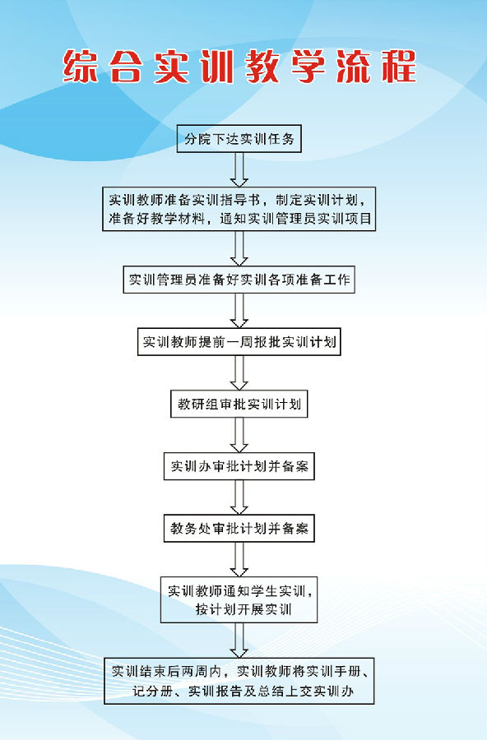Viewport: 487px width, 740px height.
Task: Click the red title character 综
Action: pos(81,67)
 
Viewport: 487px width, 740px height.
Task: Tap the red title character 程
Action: pos(399,67)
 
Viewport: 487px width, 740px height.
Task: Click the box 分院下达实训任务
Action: pos(239,139)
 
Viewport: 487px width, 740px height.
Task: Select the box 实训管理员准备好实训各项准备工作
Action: pos(239,280)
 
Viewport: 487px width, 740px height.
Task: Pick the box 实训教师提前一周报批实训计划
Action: pos(239,342)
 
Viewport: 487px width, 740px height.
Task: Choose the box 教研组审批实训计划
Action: pos(239,404)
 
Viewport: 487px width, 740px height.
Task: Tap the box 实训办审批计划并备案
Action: pos(239,466)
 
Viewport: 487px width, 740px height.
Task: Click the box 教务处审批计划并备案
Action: pos(239,528)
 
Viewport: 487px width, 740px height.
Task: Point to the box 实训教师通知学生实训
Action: pos(239,600)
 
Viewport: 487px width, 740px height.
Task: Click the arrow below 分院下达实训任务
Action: pos(239,170)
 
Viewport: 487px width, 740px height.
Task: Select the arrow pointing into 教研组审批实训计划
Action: pos(239,372)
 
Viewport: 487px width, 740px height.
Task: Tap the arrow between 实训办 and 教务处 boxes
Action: pos(239,497)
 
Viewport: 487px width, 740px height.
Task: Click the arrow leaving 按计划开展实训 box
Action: pos(239,641)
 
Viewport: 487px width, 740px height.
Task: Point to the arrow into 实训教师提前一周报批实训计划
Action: pos(239,311)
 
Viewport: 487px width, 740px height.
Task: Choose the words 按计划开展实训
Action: pos(243,609)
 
